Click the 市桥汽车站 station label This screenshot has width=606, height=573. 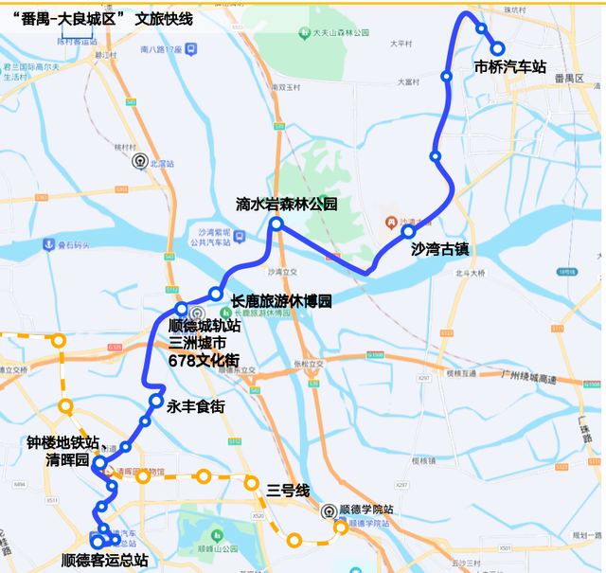tap(511, 67)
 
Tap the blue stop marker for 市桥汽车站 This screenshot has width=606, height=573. tap(497, 49)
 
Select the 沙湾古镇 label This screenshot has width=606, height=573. tap(440, 250)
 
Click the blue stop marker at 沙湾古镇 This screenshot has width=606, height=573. tap(409, 231)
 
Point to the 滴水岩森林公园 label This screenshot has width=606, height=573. tap(287, 205)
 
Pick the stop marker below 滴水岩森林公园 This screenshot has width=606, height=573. tap(276, 224)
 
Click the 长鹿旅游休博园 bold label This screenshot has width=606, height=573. tap(281, 301)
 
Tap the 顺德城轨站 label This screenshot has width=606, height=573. tap(204, 325)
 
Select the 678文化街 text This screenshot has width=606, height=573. tap(204, 360)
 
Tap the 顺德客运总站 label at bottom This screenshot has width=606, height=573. tap(104, 560)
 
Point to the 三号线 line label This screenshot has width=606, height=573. tap(288, 490)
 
